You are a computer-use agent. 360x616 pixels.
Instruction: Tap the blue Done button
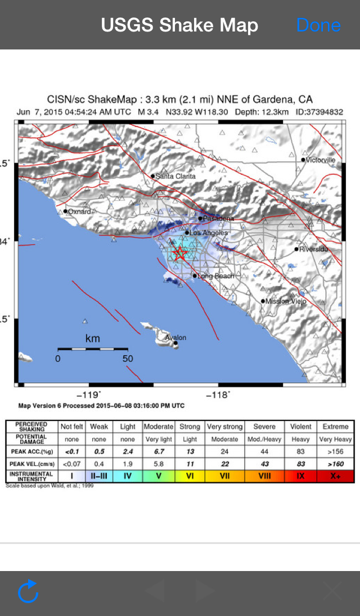(x=318, y=25)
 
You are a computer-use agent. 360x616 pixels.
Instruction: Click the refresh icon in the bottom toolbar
(x=28, y=592)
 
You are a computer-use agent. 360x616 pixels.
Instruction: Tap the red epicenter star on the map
(x=179, y=253)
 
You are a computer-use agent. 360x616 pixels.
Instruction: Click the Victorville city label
(x=320, y=160)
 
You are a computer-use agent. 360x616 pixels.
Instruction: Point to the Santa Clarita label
(x=175, y=176)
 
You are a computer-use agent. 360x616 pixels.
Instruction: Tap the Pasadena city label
(x=218, y=219)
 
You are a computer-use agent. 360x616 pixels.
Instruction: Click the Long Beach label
(x=216, y=276)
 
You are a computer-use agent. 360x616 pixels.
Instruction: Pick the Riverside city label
(x=313, y=249)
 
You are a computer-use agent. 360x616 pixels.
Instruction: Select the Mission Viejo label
(x=286, y=301)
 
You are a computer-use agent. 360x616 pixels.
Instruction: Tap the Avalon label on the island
(x=175, y=338)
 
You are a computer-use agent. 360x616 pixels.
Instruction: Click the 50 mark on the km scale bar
(x=128, y=359)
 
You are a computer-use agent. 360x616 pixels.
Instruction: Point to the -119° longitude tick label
(x=92, y=395)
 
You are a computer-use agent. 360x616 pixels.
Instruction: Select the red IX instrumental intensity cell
(x=301, y=475)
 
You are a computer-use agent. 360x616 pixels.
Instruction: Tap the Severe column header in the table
(x=264, y=427)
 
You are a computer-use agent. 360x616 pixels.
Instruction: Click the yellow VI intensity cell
(x=190, y=475)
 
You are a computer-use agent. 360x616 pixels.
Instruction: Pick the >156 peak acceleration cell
(x=335, y=451)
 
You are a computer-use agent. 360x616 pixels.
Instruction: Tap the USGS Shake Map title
(x=179, y=25)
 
